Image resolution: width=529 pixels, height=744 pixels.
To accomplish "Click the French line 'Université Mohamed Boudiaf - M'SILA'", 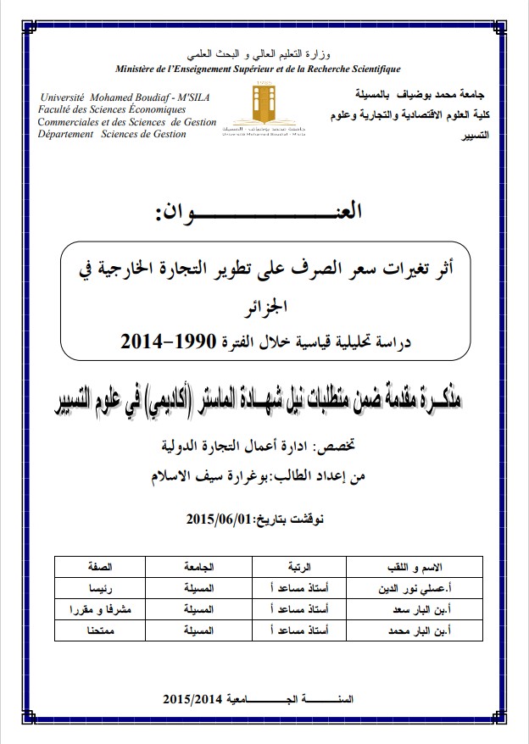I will pyautogui.click(x=125, y=97).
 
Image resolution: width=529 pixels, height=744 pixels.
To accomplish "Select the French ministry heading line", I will pyautogui.click(x=259, y=68).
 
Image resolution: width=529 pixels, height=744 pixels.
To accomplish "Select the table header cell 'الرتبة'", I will pyautogui.click(x=295, y=564).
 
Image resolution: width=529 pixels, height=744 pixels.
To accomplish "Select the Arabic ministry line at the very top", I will pyautogui.click(x=259, y=53).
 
